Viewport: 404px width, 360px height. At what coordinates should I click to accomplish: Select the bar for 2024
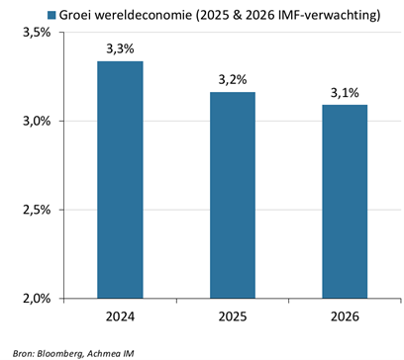[x=120, y=180]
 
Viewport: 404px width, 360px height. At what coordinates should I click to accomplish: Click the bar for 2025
[x=233, y=195]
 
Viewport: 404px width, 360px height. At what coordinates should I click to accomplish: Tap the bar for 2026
[x=345, y=202]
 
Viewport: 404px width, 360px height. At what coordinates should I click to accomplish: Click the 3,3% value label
[x=120, y=48]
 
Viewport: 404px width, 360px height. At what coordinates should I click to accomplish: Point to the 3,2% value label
[x=233, y=79]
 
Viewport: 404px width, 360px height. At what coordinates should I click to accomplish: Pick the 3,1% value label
[x=345, y=93]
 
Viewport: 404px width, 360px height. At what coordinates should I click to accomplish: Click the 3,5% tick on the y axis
[x=37, y=33]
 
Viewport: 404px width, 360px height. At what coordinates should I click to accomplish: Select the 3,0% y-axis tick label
[x=37, y=121]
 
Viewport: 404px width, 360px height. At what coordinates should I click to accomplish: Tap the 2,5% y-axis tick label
[x=37, y=210]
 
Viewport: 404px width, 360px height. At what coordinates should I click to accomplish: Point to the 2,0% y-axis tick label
[x=37, y=299]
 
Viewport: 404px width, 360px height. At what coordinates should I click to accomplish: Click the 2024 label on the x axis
[x=120, y=316]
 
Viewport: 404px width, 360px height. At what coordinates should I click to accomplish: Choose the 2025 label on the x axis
[x=233, y=316]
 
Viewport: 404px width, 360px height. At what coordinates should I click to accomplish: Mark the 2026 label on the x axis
[x=345, y=316]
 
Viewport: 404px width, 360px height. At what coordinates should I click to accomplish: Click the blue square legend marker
[x=51, y=15]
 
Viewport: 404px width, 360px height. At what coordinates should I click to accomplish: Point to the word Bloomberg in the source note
[x=59, y=354]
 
